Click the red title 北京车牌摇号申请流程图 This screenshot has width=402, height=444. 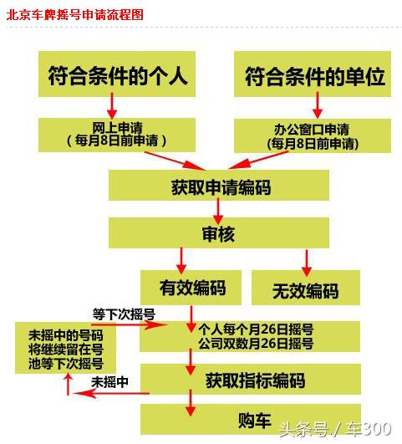coord(75,15)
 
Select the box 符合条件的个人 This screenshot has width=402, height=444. coord(117,74)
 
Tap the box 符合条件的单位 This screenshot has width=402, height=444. coord(313,74)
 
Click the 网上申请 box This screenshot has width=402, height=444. coord(117,135)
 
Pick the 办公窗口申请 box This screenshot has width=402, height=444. coord(313,135)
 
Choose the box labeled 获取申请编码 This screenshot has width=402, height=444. coord(219,185)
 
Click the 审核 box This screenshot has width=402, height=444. coord(219,233)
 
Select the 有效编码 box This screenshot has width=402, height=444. coord(191,288)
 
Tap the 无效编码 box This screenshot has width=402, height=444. coord(306,288)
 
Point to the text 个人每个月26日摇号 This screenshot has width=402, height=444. coord(256,329)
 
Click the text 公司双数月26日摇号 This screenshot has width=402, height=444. coord(256,344)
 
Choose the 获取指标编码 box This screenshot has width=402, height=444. coord(251,379)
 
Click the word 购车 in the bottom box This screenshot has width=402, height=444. coord(255,421)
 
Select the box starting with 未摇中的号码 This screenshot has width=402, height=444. coord(65,348)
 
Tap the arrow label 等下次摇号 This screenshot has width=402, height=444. coord(124,314)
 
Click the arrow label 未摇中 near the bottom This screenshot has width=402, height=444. coord(109,382)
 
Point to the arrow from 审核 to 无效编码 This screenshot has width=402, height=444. coord(307,263)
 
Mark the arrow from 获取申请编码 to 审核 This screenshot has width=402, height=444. coord(218,212)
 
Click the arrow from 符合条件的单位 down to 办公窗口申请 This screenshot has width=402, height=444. coord(318,105)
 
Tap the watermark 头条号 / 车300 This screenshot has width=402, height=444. coord(335,429)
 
